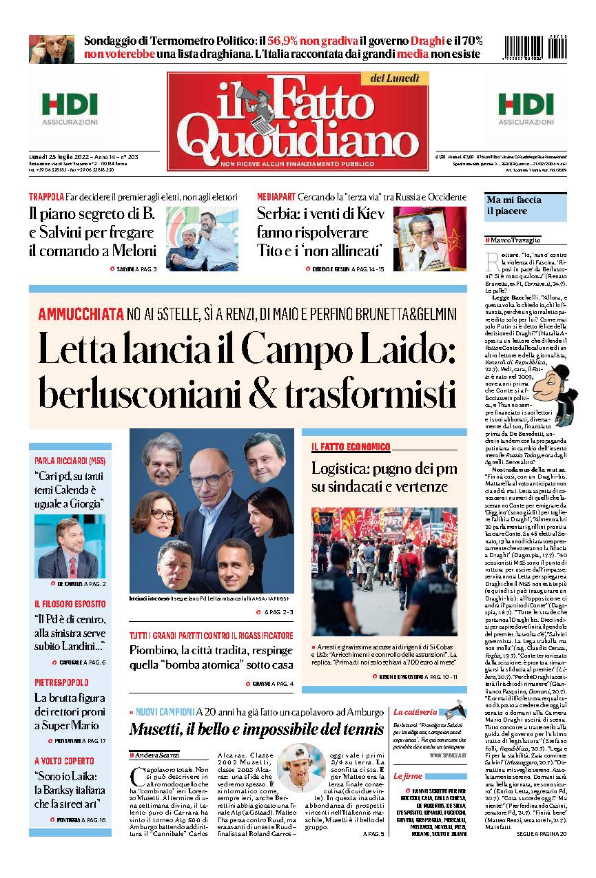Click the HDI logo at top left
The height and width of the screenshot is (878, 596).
pos(70,109)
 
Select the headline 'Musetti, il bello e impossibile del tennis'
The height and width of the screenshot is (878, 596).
pos(256,729)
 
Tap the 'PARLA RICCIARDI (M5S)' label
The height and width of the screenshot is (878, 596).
pos(69,460)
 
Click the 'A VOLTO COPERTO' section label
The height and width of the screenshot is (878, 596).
pos(64,761)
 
